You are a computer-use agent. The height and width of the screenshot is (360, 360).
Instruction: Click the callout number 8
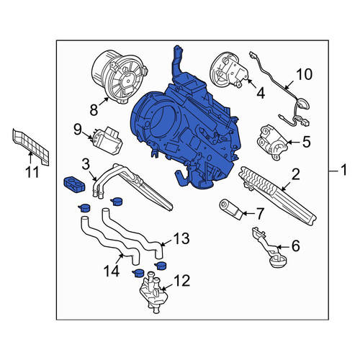[x=94, y=110]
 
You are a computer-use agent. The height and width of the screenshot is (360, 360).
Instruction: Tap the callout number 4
[x=261, y=93]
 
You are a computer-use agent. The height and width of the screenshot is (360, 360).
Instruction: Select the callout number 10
[x=304, y=74]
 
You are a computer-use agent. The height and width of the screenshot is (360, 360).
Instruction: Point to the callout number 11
[x=32, y=172]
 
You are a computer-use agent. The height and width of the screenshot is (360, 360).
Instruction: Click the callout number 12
[x=182, y=281]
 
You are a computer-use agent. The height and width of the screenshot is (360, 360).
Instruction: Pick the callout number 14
[x=112, y=271]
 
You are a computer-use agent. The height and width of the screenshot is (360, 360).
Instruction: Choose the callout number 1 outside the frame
[x=344, y=170]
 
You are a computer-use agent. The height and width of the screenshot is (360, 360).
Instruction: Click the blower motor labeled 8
[x=119, y=76]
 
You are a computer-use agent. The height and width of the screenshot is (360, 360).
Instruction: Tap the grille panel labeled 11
[x=30, y=147]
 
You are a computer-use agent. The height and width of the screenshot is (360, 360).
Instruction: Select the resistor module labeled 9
[x=107, y=140]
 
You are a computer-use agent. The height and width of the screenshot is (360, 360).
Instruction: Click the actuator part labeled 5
[x=272, y=142]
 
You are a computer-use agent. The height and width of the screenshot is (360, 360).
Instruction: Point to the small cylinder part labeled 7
[x=231, y=210]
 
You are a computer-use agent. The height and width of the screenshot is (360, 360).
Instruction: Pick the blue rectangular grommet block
[x=74, y=184]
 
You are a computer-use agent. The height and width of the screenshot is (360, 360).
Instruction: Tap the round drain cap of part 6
[x=279, y=261]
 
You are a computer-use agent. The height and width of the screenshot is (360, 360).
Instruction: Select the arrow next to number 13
[x=166, y=243]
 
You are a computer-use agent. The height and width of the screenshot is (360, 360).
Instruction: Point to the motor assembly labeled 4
[x=228, y=70]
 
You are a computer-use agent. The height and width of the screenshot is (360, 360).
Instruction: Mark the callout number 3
[x=85, y=164]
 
